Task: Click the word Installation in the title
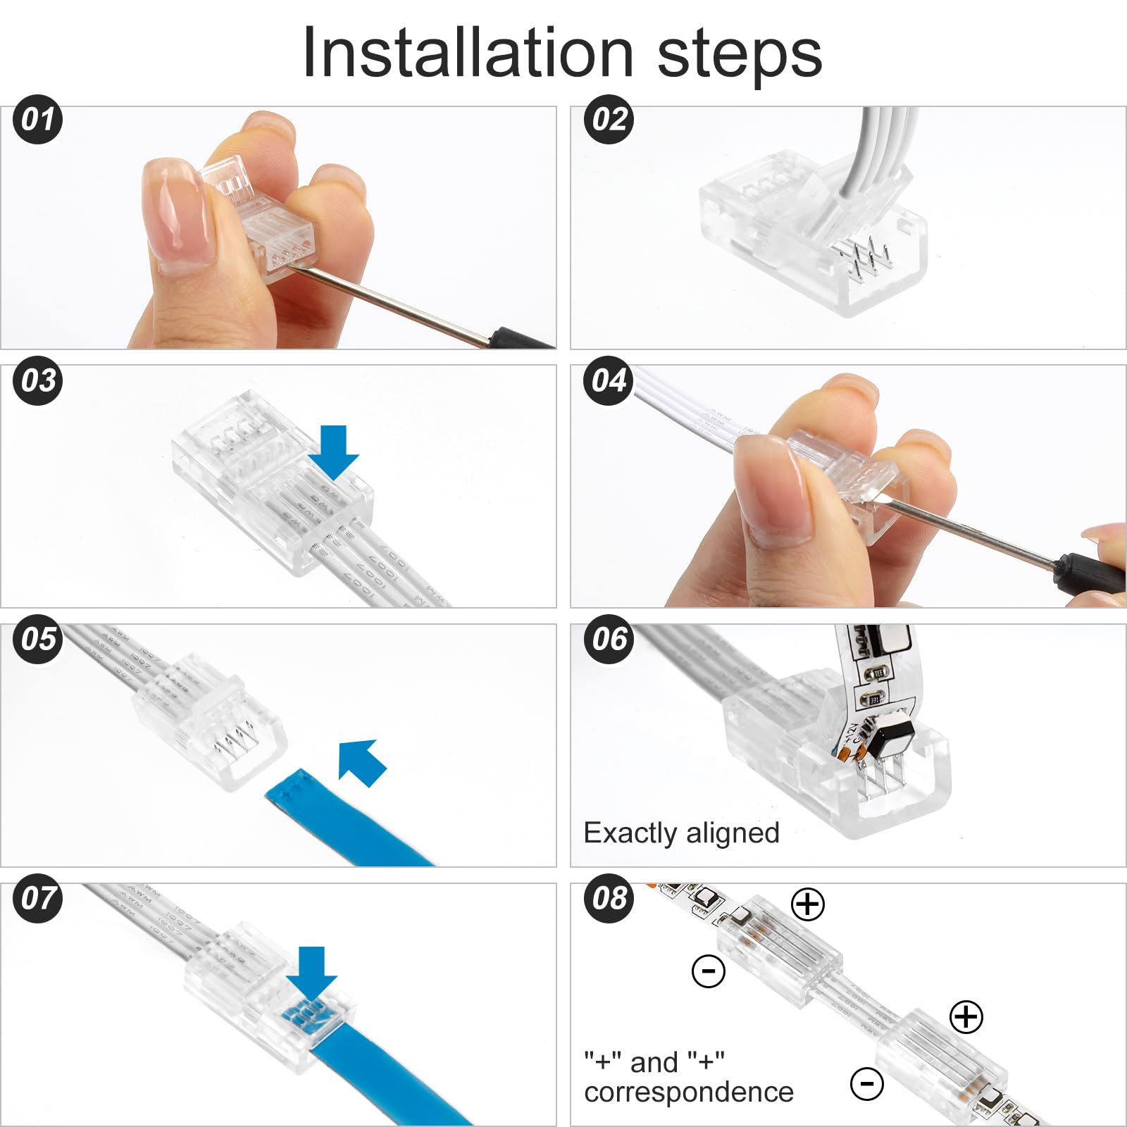pyautogui.click(x=468, y=54)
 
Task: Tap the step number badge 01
pyautogui.click(x=38, y=120)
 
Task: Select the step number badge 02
pyautogui.click(x=609, y=120)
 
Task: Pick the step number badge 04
pyautogui.click(x=609, y=381)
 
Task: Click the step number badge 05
pyautogui.click(x=38, y=640)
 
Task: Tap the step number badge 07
pyautogui.click(x=38, y=898)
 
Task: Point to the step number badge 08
pyautogui.click(x=609, y=898)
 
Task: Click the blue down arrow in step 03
pyautogui.click(x=333, y=451)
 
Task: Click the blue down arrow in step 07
pyautogui.click(x=311, y=972)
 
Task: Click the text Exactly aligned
pyautogui.click(x=681, y=833)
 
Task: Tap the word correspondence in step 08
pyautogui.click(x=688, y=1092)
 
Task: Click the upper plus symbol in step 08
pyautogui.click(x=808, y=904)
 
